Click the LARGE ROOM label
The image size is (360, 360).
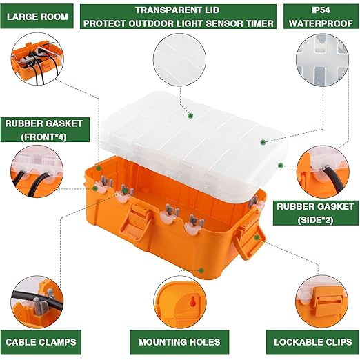pyautogui.click(x=37, y=17)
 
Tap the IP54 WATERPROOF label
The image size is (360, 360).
pyautogui.click(x=321, y=17)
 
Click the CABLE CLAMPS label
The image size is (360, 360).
pyautogui.click(x=41, y=342)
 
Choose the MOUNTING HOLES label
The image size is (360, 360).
pyautogui.click(x=179, y=342)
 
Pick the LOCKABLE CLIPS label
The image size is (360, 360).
pyautogui.click(x=312, y=342)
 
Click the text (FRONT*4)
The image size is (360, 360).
pyautogui.click(x=43, y=137)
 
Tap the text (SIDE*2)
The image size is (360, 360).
pyautogui.click(x=315, y=220)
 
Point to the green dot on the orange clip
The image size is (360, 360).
pyautogui.click(x=257, y=237)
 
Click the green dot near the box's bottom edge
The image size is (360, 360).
pyautogui.click(x=201, y=270)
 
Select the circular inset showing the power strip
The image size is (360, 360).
pyautogui.click(x=37, y=59)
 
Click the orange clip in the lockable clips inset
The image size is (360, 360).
pyautogui.click(x=326, y=299)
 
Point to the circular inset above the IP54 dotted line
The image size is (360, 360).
pyautogui.click(x=322, y=60)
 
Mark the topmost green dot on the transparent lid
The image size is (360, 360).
pyautogui.click(x=190, y=116)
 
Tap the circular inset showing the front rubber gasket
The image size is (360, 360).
pyautogui.click(x=37, y=172)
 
